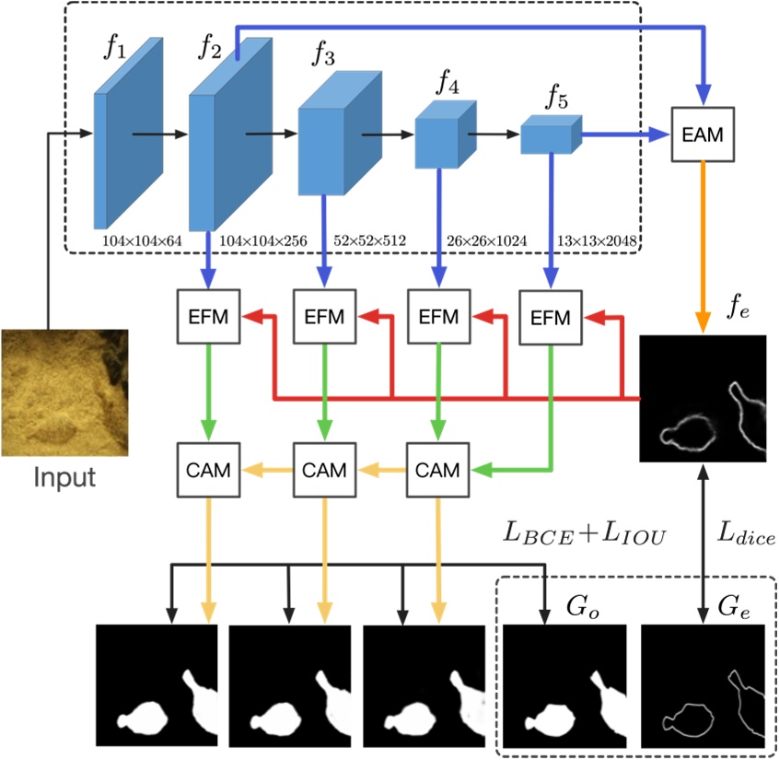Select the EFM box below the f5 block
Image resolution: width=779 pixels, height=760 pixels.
[x=550, y=318]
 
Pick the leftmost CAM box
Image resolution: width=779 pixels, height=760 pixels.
[x=211, y=470]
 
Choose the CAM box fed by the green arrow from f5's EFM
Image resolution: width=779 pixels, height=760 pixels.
[x=437, y=470]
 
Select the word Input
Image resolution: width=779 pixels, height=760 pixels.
[x=64, y=478]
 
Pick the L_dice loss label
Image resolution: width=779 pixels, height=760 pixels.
[x=746, y=534]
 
